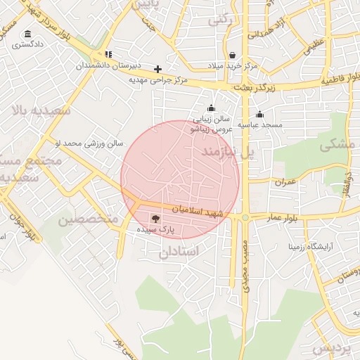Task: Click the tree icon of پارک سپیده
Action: pos(155,219)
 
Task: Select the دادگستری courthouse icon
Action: pos(27,34)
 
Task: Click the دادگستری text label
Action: pos(27,45)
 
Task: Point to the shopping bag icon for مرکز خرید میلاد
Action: pos(232,55)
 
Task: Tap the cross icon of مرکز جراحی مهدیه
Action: pos(157,69)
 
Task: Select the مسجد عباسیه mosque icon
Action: pos(259,115)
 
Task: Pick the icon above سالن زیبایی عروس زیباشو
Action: pos(211,108)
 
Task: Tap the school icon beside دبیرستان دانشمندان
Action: pos(108,54)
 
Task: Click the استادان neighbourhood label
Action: pos(179,251)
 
